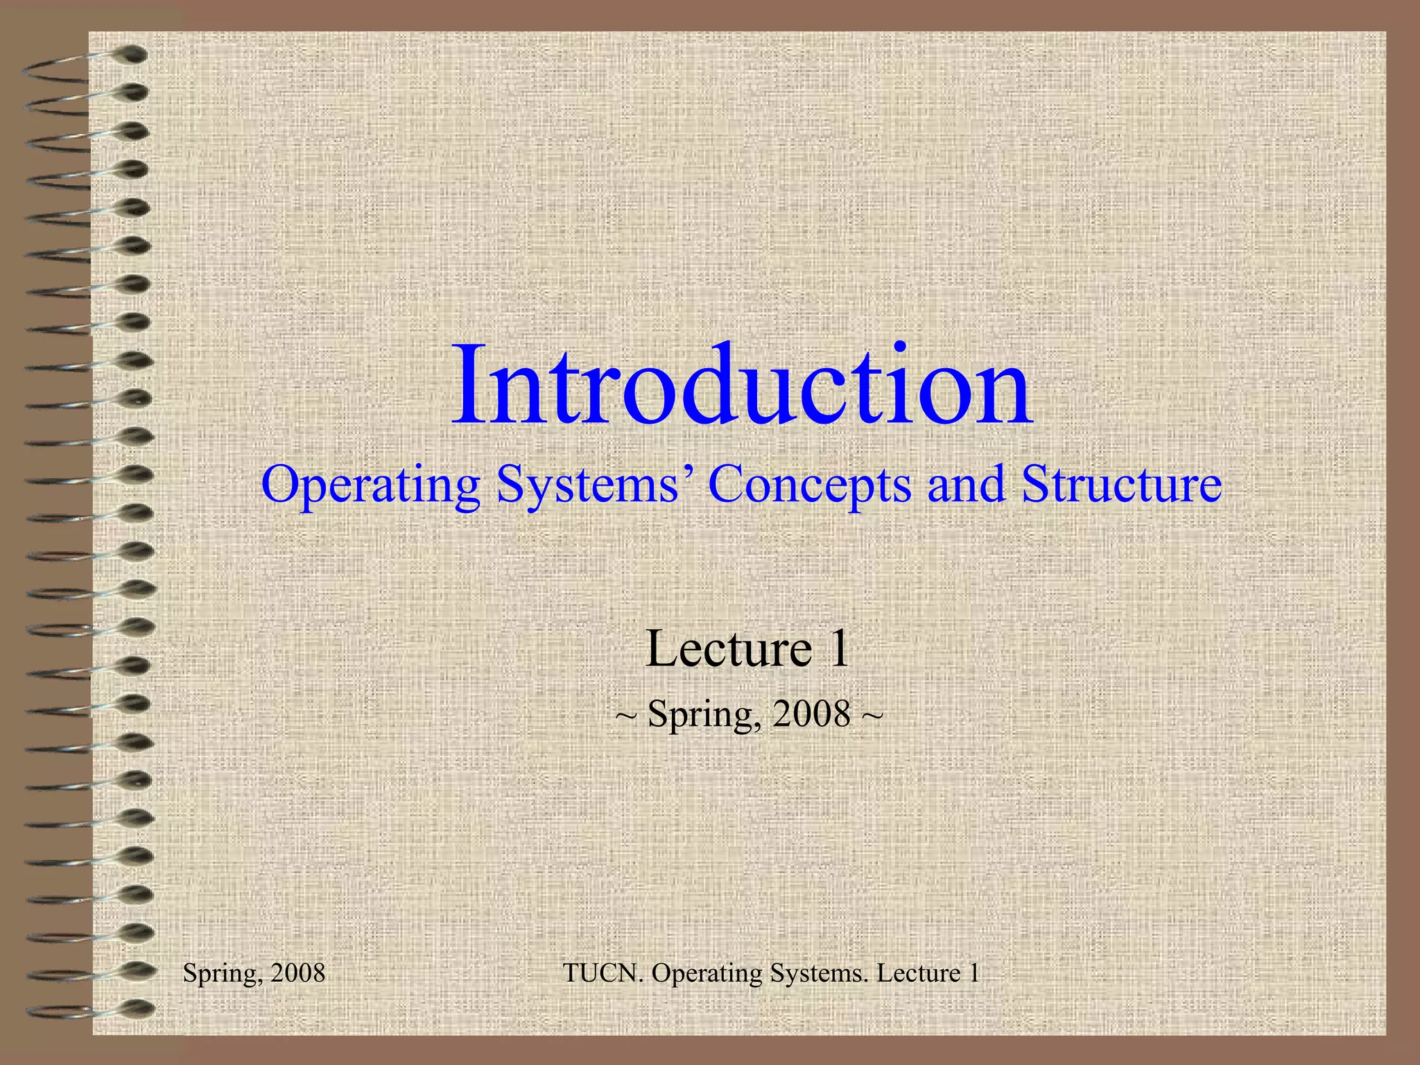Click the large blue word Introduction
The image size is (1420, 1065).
pos(742,386)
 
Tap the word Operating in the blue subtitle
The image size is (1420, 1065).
pos(370,485)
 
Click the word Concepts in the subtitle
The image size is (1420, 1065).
pos(809,485)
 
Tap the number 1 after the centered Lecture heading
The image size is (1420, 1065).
pos(839,649)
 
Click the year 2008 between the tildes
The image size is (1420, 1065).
pos(811,713)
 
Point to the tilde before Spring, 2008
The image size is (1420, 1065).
pos(625,715)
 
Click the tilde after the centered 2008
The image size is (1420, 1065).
pos(872,715)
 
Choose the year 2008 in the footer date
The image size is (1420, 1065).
pos(298,973)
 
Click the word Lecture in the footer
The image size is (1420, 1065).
pos(919,973)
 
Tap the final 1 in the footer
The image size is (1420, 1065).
pos(974,973)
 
